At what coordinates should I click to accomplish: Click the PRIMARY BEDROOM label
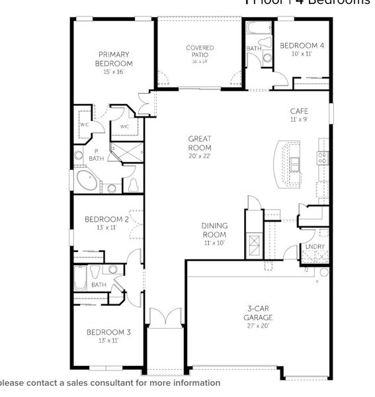click(x=114, y=59)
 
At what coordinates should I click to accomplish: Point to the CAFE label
click(x=299, y=112)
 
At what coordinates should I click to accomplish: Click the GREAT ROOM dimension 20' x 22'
click(x=200, y=156)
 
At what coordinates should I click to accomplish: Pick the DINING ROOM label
click(x=214, y=230)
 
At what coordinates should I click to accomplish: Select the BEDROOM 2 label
click(x=106, y=219)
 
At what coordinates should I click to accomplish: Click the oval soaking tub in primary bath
click(x=87, y=181)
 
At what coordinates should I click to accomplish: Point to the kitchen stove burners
click(x=322, y=157)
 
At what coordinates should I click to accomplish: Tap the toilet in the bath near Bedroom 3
click(x=95, y=271)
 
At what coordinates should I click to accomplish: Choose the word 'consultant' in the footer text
click(x=108, y=383)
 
